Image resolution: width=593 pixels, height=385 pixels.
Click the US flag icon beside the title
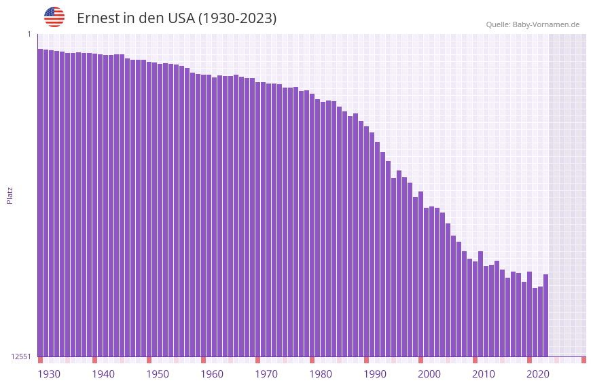(54, 17)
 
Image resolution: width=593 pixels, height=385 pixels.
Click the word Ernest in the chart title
(97, 18)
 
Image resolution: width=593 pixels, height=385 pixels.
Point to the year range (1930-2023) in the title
(237, 18)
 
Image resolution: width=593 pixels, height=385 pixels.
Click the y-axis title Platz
(10, 195)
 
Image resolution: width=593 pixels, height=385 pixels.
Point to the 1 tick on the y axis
(29, 34)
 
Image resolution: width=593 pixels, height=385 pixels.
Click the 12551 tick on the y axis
(21, 356)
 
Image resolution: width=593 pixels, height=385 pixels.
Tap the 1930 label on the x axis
(49, 374)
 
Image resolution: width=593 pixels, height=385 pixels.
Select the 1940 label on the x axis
(103, 374)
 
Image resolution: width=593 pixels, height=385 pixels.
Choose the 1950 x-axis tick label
(158, 374)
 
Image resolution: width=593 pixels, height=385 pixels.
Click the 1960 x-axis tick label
(212, 374)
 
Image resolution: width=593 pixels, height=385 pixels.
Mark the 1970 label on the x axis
(266, 374)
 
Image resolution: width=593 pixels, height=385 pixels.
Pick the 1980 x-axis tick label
(321, 374)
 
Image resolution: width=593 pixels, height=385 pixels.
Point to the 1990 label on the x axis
(375, 374)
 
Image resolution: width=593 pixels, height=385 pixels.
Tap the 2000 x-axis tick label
(429, 374)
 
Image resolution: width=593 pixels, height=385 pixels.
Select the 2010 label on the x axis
(484, 374)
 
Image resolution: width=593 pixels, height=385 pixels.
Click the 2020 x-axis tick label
(538, 374)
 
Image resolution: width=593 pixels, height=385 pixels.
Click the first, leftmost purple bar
(40, 204)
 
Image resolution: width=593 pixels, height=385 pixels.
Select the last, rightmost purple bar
(545, 316)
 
